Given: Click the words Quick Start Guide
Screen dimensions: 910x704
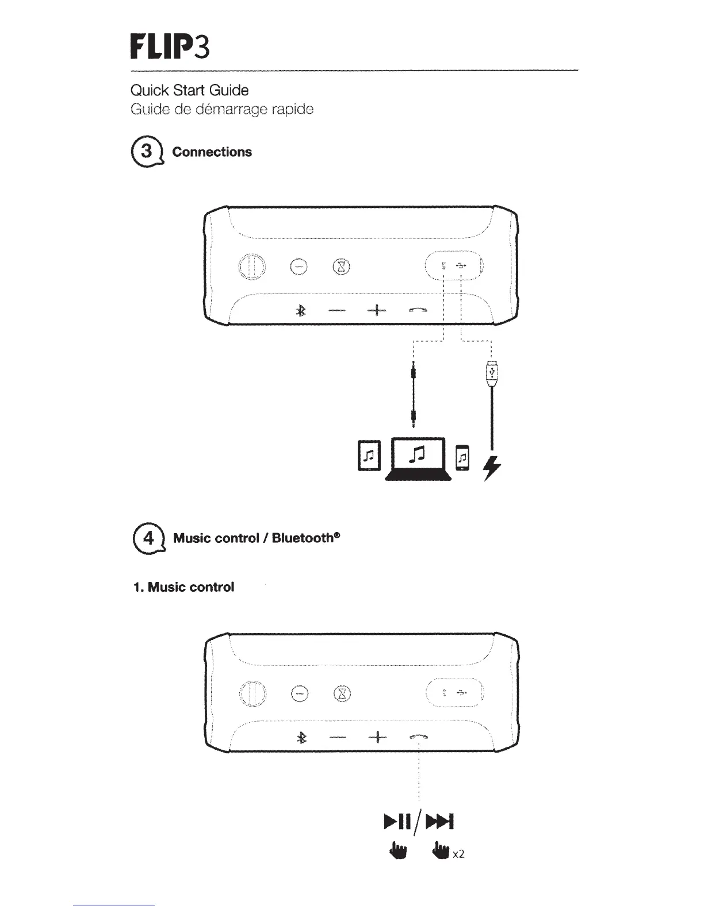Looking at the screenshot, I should point(189,90).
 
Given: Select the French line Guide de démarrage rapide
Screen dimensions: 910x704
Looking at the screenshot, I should point(221,109).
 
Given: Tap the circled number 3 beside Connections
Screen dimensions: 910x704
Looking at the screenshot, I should point(147,152).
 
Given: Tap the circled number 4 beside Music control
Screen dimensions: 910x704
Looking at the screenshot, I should point(148,538).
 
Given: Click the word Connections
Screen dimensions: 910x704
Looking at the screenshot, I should point(212,152).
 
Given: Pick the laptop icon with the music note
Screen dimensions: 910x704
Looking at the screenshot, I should point(418,458).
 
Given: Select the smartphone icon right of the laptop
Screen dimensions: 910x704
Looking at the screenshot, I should point(462,457).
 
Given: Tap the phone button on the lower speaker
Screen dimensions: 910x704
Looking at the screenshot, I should point(418,737).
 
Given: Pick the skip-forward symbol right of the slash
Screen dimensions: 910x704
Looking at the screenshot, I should point(442,822).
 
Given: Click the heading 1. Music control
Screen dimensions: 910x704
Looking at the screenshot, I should point(183,587).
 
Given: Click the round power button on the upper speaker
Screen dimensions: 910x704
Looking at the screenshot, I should point(252,267).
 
